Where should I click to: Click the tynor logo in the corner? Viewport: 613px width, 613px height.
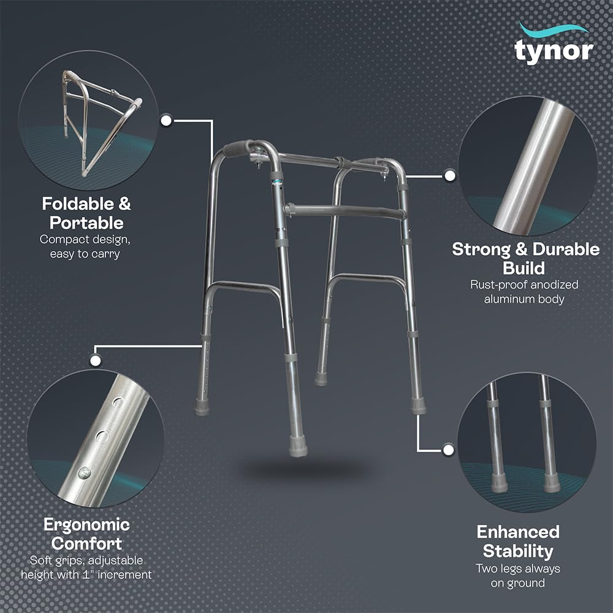click(x=554, y=44)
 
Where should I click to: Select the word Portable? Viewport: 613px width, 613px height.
click(x=86, y=223)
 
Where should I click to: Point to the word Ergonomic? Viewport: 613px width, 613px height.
click(x=86, y=525)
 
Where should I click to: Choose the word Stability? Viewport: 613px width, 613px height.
click(x=518, y=551)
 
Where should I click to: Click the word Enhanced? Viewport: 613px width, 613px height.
click(x=518, y=531)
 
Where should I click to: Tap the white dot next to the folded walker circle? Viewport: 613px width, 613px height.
click(x=166, y=120)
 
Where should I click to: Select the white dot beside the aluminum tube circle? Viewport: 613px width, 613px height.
click(x=450, y=175)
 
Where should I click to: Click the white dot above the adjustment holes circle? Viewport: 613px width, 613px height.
click(x=96, y=360)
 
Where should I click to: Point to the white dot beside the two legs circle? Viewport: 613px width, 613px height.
click(x=449, y=450)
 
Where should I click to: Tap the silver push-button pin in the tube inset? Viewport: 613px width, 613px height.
click(x=83, y=473)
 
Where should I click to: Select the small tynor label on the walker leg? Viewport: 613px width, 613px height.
click(x=277, y=183)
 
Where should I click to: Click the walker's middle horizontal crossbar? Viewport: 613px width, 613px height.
click(x=345, y=211)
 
